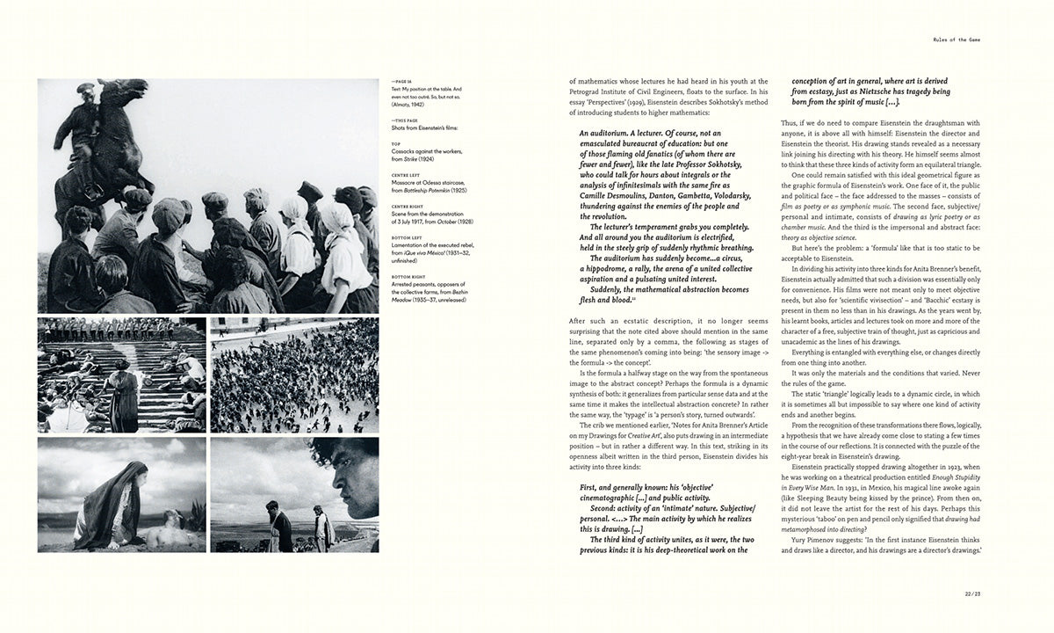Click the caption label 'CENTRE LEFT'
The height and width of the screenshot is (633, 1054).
[x=405, y=174]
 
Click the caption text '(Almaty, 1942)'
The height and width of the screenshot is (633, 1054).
[x=408, y=102]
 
